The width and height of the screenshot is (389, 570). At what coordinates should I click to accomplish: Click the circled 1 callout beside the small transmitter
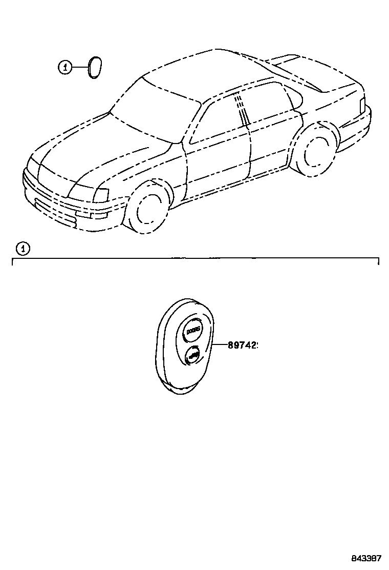point(64,67)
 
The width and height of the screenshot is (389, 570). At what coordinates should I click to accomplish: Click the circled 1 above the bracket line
point(23,249)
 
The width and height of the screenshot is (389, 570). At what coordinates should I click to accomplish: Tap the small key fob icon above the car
point(94,68)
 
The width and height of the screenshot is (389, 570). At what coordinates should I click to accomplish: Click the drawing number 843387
point(365,558)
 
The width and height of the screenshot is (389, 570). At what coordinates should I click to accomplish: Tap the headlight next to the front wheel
point(101,195)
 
